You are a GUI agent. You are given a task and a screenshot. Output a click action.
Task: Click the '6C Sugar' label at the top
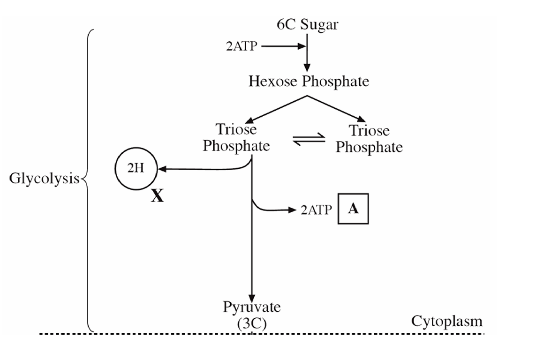[307, 25]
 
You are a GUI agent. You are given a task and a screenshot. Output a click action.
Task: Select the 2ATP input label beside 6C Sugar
[242, 47]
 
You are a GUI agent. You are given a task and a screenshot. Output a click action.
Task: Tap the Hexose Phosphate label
[309, 82]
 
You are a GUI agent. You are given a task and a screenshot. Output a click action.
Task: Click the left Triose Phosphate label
[236, 137]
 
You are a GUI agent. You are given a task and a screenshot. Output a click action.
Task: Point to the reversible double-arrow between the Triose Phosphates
[309, 139]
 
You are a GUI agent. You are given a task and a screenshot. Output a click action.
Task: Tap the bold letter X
[157, 196]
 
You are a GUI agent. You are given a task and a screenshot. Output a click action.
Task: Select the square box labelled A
[354, 209]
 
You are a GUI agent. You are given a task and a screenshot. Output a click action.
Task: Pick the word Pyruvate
[252, 307]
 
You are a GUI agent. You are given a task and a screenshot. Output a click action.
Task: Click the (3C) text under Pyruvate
[252, 324]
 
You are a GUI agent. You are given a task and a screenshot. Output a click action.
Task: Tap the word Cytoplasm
[446, 321]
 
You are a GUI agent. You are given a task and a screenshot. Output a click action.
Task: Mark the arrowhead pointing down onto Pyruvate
[252, 298]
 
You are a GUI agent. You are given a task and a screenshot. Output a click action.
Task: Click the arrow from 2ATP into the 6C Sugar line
[281, 47]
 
